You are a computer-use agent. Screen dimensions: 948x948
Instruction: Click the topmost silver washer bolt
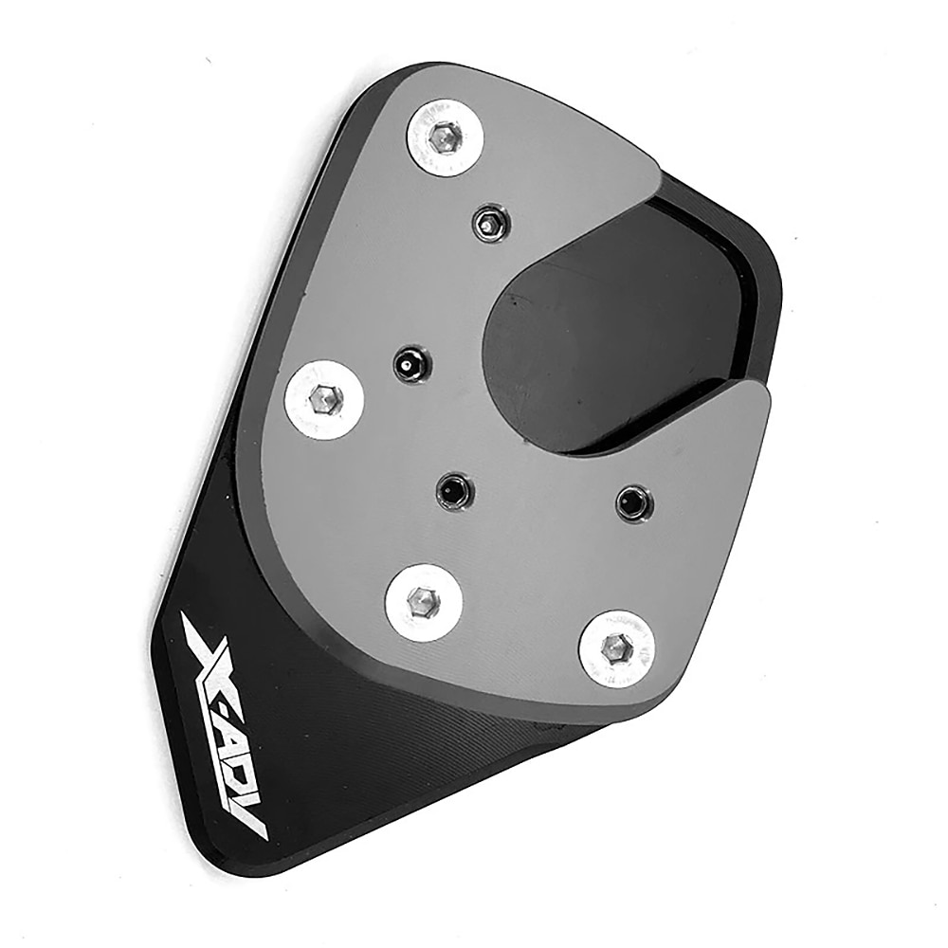point(445,138)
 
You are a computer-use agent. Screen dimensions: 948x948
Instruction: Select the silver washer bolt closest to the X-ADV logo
point(424,600)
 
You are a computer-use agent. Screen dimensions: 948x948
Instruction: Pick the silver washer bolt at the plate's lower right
point(616,648)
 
